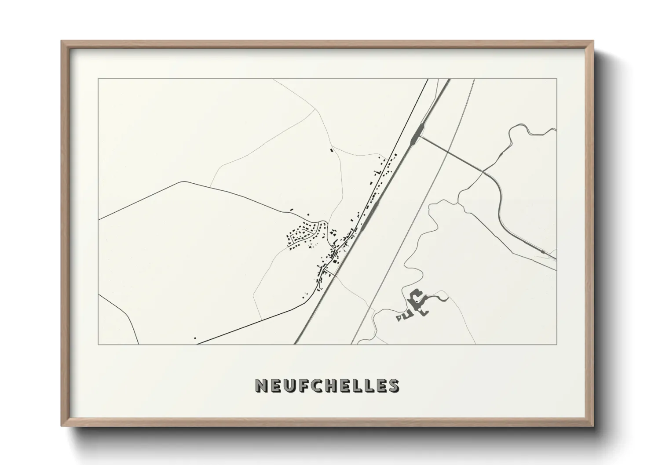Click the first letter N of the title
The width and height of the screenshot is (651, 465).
point(260,385)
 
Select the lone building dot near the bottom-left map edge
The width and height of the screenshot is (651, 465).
point(195,338)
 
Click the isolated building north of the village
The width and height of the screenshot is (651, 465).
point(331,150)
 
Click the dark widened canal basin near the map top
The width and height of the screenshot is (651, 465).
point(416,132)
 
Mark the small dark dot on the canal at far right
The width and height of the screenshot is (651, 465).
point(544,251)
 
